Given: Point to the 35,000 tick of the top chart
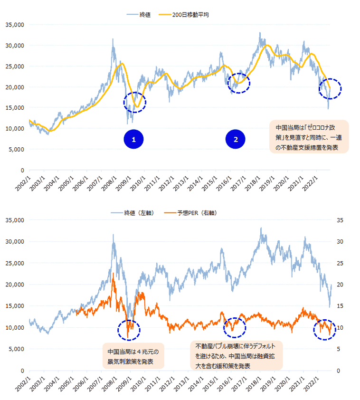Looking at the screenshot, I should (15, 25).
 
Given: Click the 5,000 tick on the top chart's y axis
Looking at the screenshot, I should (16, 149).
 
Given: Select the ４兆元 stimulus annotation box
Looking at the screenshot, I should (133, 356).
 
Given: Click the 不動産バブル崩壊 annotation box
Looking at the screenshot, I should (236, 355).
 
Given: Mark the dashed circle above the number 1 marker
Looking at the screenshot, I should (135, 102).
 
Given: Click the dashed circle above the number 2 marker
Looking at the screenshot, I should (239, 83).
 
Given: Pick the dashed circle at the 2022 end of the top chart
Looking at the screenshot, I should (329, 89).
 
